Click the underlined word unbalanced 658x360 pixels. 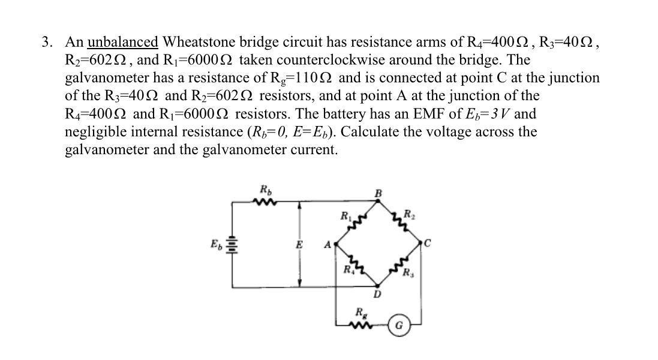(x=122, y=42)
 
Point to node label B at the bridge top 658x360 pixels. (x=378, y=193)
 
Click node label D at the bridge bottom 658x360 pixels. (x=377, y=294)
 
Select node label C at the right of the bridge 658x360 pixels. (x=427, y=244)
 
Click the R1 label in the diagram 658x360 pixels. (x=345, y=215)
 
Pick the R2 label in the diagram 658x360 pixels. (x=408, y=214)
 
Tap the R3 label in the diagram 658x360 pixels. (x=408, y=277)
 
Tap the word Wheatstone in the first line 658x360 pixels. (x=197, y=42)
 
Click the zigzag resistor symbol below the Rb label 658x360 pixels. (x=263, y=202)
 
